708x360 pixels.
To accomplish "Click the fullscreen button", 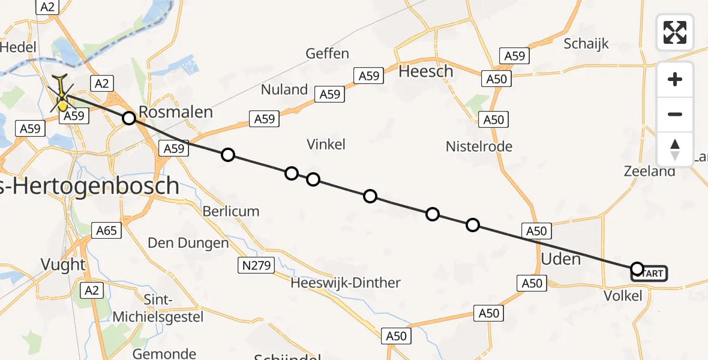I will point(675,32).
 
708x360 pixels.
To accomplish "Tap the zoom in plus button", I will point(675,79).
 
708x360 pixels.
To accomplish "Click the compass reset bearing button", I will point(675,149).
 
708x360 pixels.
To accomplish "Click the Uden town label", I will point(561,259).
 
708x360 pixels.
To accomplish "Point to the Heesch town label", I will point(426,71).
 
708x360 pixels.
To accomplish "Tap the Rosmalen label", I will point(175,112).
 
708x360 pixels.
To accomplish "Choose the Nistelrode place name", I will point(479,146).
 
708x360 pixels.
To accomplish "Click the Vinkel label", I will point(326,144).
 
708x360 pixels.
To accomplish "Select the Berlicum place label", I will point(230,211).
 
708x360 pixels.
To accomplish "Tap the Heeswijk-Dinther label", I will point(345,283).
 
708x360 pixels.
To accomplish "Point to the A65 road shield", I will point(107,229).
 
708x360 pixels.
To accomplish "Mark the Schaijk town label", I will point(586,43).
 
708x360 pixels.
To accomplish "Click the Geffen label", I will point(327,53).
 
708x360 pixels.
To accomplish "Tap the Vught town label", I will point(62,264).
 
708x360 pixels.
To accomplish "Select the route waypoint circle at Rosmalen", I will point(129,118).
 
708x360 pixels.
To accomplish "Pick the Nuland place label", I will point(284,89).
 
